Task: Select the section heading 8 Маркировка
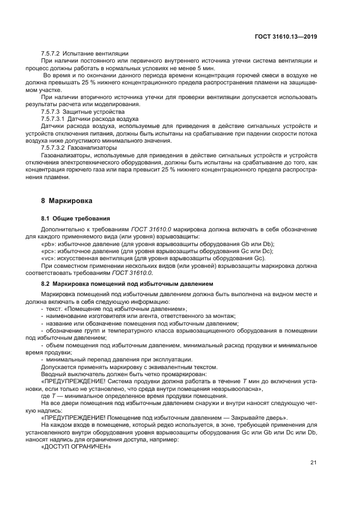click(x=66, y=200)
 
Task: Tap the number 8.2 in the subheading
click(x=46, y=284)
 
